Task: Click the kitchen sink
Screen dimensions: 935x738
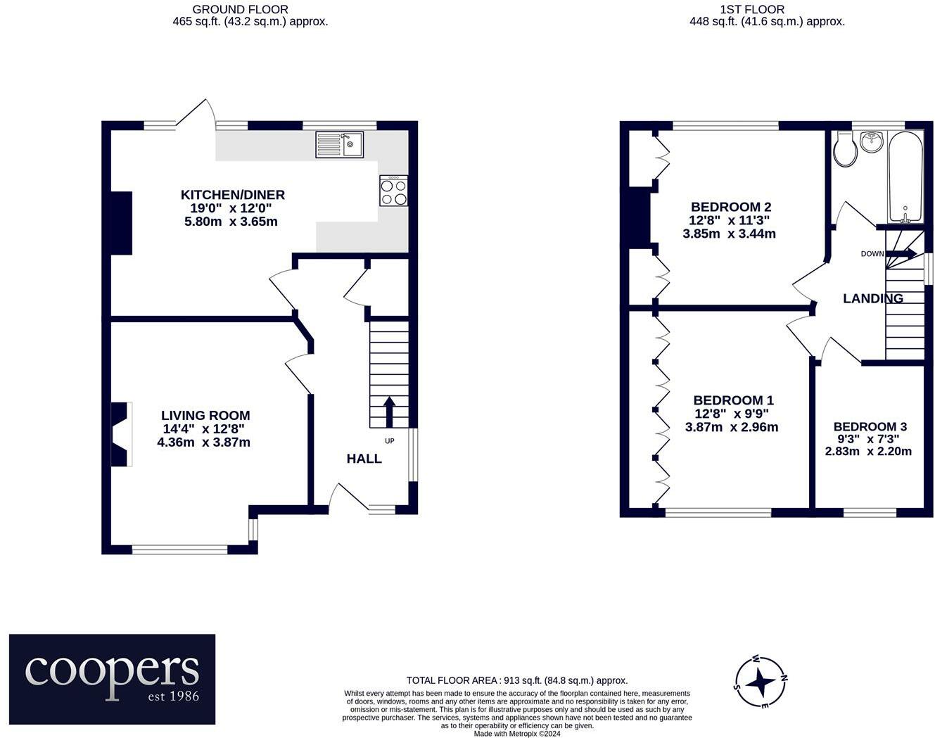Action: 339,144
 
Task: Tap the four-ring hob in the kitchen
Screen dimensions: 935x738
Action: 394,191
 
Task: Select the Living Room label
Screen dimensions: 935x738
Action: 205,416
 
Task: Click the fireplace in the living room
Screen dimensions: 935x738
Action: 122,434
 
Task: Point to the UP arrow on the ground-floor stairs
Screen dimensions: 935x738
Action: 389,412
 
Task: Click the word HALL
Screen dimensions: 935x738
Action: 364,459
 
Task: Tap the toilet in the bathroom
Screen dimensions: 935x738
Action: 845,150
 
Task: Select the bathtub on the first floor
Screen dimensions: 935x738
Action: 905,177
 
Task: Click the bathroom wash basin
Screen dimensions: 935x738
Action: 872,141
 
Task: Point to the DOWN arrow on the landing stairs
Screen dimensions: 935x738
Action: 901,253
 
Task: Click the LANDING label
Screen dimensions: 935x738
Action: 873,298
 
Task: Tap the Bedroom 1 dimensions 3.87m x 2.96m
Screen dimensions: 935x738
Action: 732,427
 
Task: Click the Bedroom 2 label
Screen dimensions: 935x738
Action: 731,207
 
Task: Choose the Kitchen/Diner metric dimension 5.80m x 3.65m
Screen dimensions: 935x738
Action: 231,222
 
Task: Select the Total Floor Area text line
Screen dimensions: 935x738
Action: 517,680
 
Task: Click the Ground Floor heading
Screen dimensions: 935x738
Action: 241,10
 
